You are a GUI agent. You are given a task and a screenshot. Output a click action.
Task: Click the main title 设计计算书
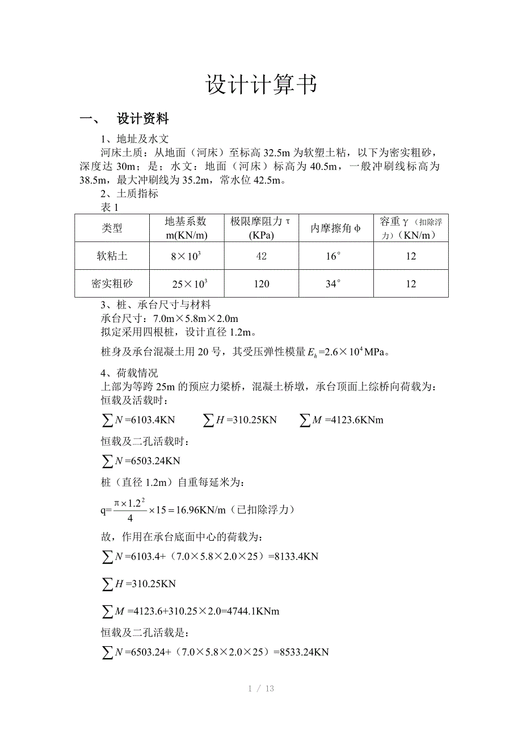click(260, 85)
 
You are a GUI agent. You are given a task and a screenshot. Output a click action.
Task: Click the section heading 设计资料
click(142, 119)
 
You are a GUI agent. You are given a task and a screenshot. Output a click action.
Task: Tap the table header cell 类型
click(112, 228)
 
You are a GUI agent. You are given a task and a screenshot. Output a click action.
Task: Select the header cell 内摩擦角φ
click(336, 228)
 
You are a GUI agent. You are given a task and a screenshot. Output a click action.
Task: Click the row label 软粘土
click(112, 256)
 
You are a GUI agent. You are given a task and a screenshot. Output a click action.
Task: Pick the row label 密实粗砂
click(112, 283)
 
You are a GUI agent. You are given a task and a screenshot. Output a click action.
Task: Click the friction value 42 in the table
click(261, 256)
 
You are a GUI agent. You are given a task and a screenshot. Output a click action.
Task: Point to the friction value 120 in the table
click(261, 283)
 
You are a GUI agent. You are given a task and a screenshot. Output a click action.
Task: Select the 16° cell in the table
click(334, 256)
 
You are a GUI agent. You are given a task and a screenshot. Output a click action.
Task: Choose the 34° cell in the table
click(334, 283)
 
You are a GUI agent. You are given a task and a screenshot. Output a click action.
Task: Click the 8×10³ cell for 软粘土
click(186, 256)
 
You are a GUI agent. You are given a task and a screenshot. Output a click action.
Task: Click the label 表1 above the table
click(109, 207)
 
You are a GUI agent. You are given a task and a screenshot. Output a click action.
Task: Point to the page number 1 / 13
click(261, 689)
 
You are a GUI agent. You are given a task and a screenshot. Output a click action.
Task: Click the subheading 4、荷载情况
click(129, 373)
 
